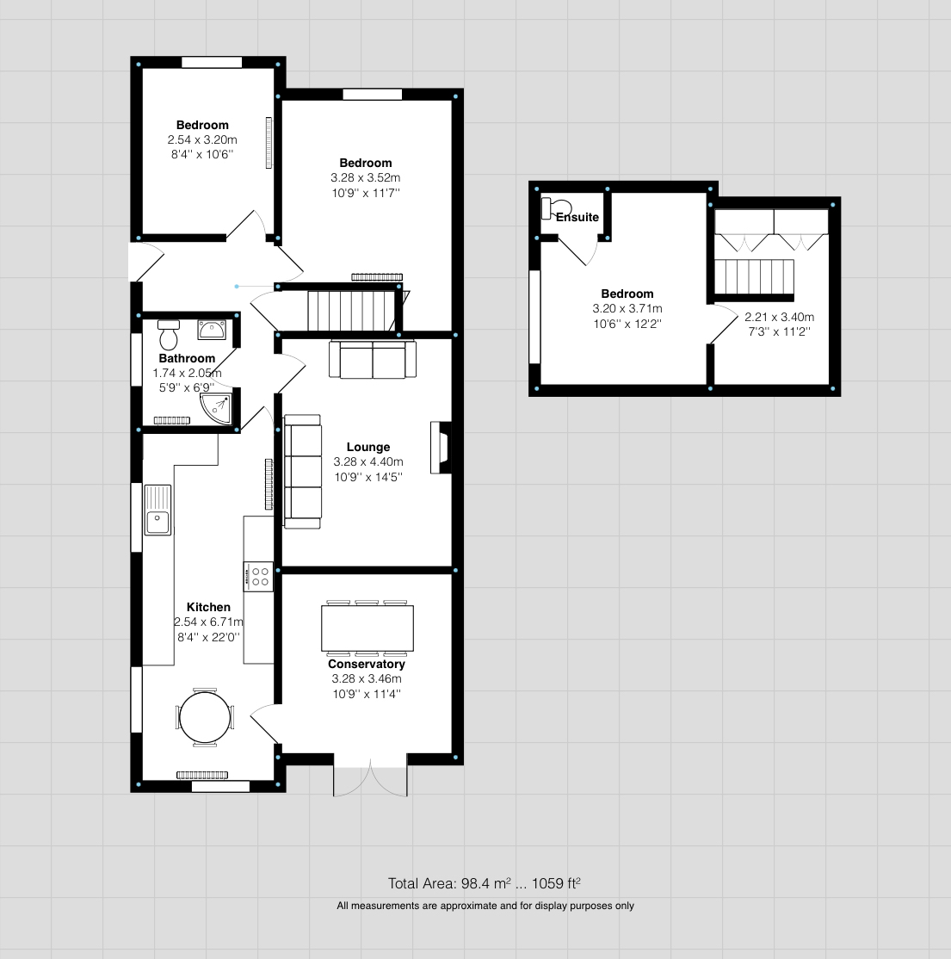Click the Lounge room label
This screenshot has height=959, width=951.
(x=367, y=447)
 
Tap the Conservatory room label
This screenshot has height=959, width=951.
(x=367, y=664)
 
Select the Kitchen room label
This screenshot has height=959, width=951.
(x=208, y=607)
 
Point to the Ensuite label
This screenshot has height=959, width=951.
(x=577, y=217)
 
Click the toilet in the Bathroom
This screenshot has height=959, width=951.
(x=169, y=334)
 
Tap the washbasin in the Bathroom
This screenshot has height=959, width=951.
(x=212, y=330)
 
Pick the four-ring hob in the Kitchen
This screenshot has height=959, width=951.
(x=259, y=576)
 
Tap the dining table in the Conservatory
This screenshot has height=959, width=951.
(x=367, y=628)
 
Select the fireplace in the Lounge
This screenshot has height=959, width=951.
(x=441, y=448)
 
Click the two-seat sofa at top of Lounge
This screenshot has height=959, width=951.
(x=372, y=359)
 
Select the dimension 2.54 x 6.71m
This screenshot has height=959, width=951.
(x=208, y=622)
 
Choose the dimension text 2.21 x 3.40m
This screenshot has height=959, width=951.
(x=779, y=317)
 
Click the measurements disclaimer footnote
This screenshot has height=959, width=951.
(x=485, y=906)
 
